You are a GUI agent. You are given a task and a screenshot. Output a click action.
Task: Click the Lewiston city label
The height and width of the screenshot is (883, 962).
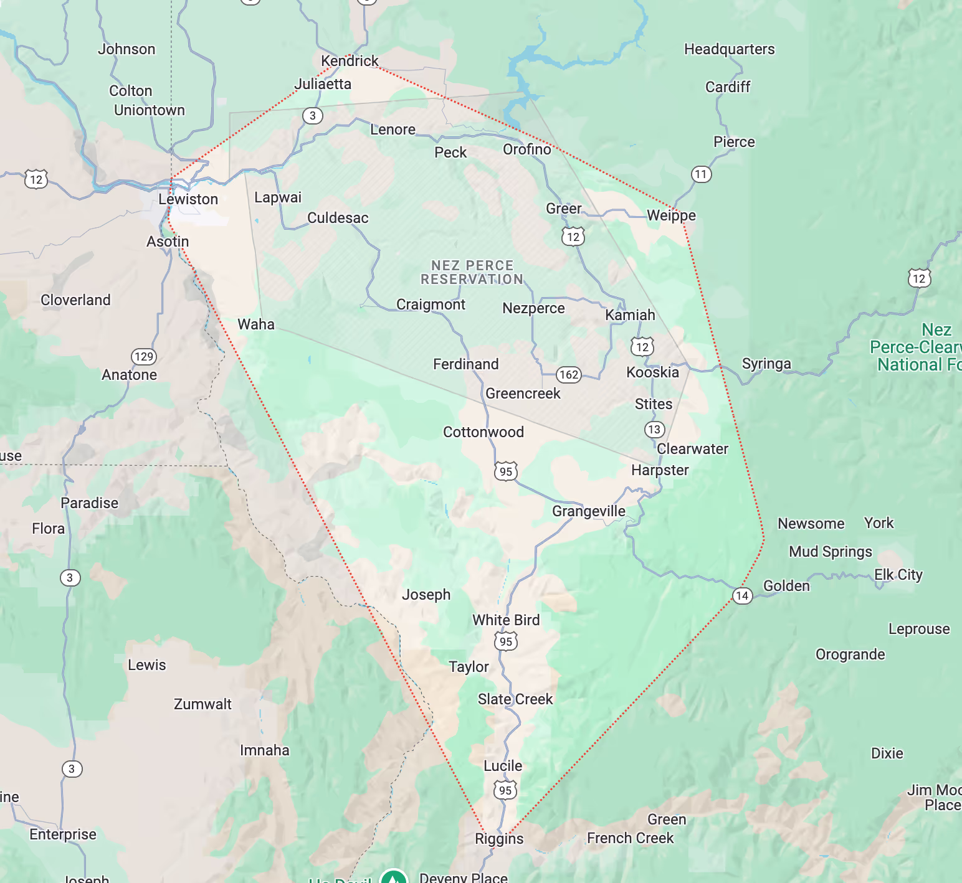[188, 199]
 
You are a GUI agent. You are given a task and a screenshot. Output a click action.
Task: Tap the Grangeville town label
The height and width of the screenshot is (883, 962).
[588, 511]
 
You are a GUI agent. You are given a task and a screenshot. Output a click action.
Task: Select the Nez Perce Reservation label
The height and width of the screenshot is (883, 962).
[472, 273]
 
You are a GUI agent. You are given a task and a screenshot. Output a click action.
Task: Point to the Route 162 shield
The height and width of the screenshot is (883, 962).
[568, 375]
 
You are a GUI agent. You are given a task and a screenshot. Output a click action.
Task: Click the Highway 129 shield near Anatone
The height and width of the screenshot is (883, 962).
[144, 357]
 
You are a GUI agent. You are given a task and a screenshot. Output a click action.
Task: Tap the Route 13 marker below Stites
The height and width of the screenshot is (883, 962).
[654, 430]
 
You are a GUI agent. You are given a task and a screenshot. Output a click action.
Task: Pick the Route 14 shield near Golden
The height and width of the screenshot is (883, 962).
[741, 596]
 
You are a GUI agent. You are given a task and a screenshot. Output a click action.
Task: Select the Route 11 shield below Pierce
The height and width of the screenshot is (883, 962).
[701, 174]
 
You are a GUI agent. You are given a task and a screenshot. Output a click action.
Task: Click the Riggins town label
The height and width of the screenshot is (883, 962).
[499, 839]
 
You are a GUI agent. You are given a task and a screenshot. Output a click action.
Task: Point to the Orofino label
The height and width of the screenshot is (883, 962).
[526, 149]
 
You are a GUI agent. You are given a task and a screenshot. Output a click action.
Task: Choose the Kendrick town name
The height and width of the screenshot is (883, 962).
[350, 61]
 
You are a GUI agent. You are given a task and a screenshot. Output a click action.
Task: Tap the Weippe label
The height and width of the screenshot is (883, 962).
[671, 215]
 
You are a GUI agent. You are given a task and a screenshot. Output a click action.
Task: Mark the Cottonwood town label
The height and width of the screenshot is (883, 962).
[483, 432]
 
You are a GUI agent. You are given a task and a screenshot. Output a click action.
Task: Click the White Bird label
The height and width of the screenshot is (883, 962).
[506, 620]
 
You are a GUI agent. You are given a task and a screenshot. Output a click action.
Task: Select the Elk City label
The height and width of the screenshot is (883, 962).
[898, 575]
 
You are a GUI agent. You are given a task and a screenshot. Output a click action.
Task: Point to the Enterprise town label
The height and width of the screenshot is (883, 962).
[63, 834]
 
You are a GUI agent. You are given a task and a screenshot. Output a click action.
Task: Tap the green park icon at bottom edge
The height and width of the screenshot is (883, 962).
[393, 877]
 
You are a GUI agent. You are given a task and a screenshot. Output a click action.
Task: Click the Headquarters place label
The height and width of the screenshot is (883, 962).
[729, 49]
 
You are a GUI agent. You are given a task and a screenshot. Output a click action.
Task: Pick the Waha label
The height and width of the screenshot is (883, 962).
[256, 324]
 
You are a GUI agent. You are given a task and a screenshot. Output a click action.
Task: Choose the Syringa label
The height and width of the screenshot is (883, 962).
[766, 364]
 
